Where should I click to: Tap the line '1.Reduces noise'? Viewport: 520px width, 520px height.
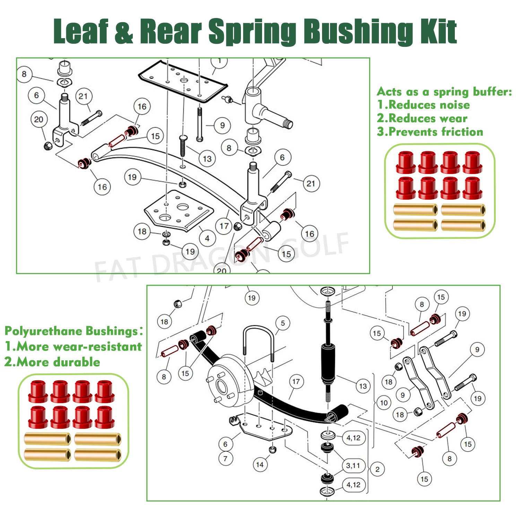click(x=423, y=105)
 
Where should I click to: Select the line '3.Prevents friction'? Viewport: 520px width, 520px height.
click(x=430, y=132)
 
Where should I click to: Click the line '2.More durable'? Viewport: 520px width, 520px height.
click(x=52, y=362)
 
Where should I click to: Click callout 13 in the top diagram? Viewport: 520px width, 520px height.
click(x=207, y=159)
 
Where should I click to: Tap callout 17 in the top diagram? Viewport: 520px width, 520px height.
click(x=224, y=226)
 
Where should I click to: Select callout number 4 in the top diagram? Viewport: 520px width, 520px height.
click(x=207, y=238)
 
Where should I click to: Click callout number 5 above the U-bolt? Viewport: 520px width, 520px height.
click(x=283, y=323)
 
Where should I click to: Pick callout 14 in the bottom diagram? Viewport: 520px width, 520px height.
click(x=260, y=465)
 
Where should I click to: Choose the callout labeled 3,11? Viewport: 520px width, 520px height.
click(x=353, y=465)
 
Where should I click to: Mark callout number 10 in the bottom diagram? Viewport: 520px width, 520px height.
click(x=384, y=403)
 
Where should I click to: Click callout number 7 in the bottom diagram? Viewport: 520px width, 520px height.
click(x=225, y=459)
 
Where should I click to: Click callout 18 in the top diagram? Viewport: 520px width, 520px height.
click(x=142, y=231)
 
